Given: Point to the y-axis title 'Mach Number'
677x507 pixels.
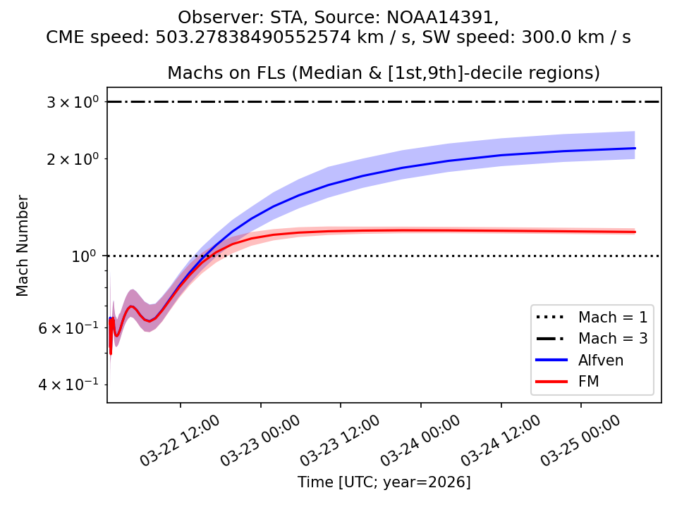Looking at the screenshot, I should pyautogui.click(x=23, y=245).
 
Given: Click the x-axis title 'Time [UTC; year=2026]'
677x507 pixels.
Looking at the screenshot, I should pyautogui.click(x=384, y=482).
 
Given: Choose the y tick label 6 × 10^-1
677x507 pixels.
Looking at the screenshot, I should pyautogui.click(x=69, y=327).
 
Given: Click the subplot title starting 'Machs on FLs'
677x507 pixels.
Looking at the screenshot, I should pyautogui.click(x=384, y=73).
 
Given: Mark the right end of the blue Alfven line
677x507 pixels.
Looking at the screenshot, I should pyautogui.click(x=635, y=148).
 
